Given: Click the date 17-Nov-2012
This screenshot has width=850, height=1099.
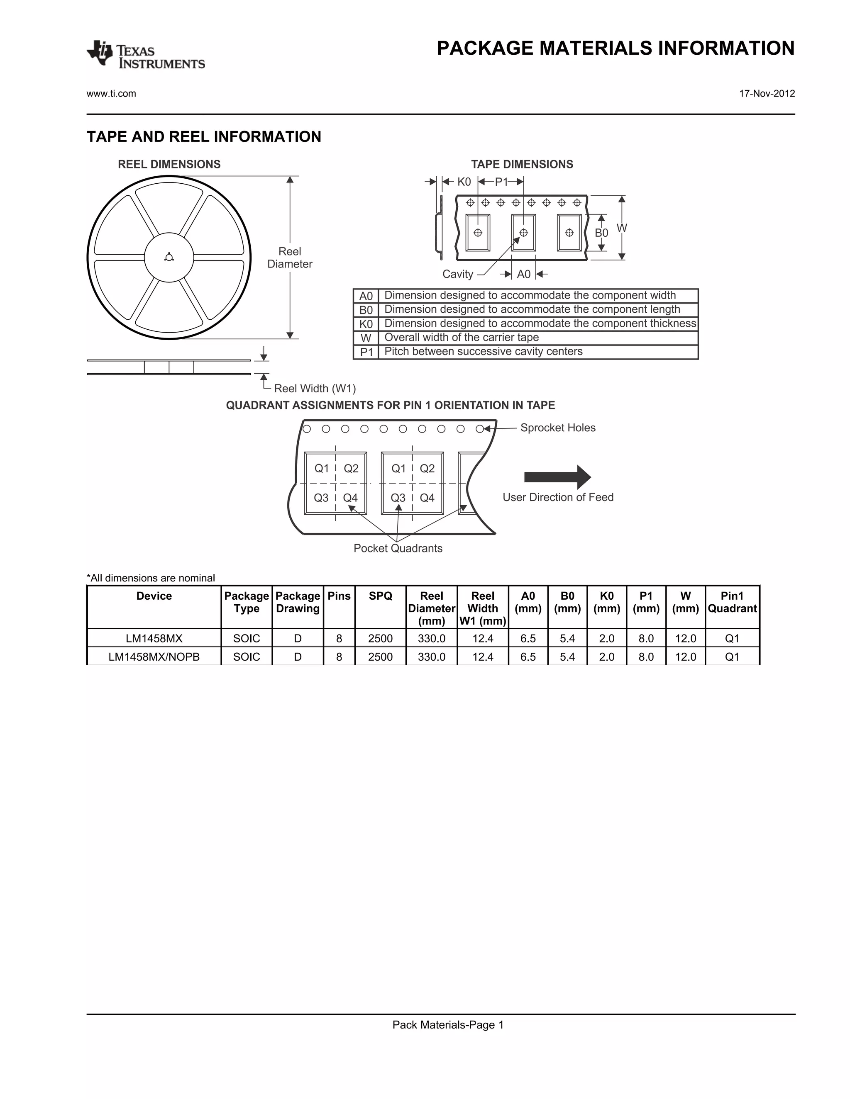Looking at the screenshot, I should (x=767, y=94).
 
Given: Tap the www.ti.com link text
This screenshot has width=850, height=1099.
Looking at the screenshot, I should (x=111, y=94).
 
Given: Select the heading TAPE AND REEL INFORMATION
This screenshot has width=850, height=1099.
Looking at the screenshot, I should (x=203, y=137).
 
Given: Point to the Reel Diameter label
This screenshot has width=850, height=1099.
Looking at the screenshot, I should (x=290, y=258).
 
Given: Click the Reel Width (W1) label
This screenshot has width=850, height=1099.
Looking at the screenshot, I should (x=315, y=389).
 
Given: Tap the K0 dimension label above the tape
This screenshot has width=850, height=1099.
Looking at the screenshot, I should (x=464, y=182).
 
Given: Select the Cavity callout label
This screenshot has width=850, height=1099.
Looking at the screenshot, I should (x=457, y=274).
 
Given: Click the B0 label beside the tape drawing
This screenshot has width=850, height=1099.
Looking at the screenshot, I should (x=601, y=233).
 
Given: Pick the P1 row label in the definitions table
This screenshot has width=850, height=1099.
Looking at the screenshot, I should (x=366, y=352).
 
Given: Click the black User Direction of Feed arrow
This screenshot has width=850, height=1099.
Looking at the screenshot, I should (x=557, y=477).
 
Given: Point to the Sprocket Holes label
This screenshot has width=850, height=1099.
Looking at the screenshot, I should (x=557, y=428).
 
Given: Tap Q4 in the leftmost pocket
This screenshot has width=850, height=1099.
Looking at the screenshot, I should (x=350, y=498).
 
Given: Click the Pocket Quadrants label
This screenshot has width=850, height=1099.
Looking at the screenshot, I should (x=398, y=549).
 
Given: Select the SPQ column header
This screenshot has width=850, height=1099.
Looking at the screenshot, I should (x=380, y=596).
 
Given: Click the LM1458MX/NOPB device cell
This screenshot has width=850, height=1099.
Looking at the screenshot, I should (x=154, y=656).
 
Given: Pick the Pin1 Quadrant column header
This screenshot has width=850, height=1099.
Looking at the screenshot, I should (x=732, y=602).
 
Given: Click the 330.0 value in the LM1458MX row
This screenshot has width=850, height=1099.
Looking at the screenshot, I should (x=432, y=639).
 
